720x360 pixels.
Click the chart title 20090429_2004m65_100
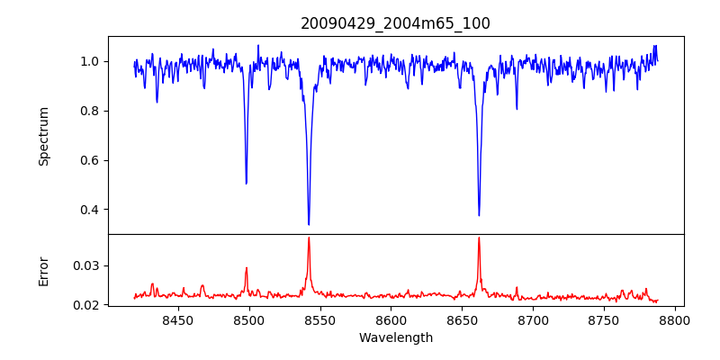point(395,23)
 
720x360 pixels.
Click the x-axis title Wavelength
point(395,337)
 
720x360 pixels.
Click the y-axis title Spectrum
point(44,136)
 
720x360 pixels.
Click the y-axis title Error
point(44,270)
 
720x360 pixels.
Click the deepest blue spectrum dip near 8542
point(309,224)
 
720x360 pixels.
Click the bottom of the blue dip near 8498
point(247,183)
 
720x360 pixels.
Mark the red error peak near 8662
point(479,238)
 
